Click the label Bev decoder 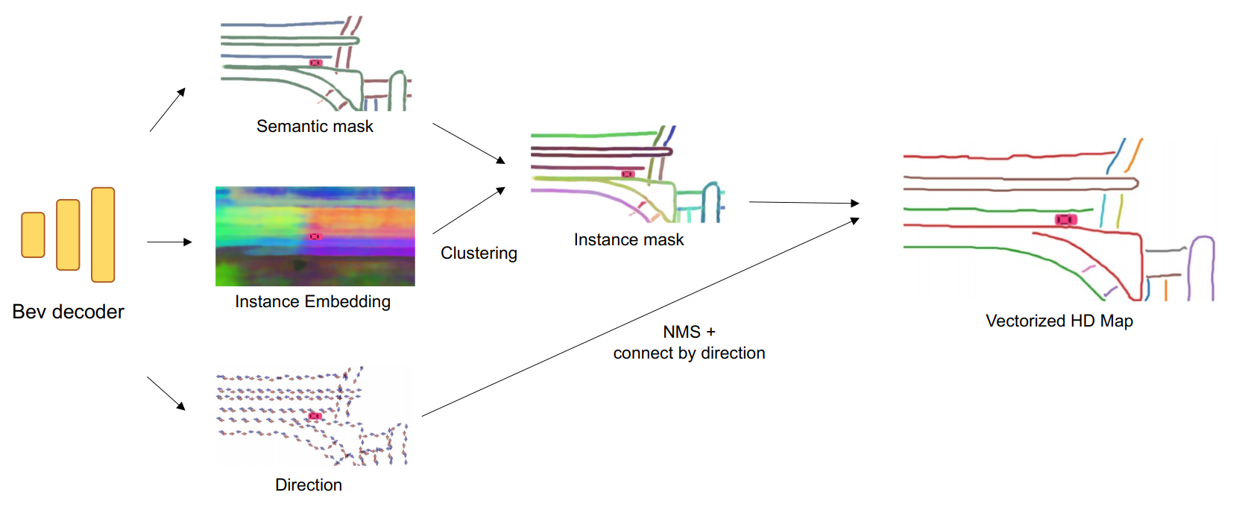(68, 312)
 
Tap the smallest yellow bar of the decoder (33, 235)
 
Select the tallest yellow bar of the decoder (103, 235)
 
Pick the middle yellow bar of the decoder (68, 235)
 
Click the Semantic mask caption (315, 127)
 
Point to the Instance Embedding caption (312, 302)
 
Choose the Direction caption (309, 485)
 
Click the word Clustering (479, 254)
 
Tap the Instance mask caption (628, 240)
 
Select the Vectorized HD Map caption (1059, 321)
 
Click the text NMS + (689, 332)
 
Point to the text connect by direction (689, 353)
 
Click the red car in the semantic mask (316, 63)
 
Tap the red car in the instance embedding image (315, 236)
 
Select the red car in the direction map (315, 415)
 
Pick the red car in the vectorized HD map (1066, 219)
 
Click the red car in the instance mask (628, 174)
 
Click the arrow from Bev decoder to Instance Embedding (169, 242)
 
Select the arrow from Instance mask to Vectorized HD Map (804, 202)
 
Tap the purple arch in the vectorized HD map (1201, 265)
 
